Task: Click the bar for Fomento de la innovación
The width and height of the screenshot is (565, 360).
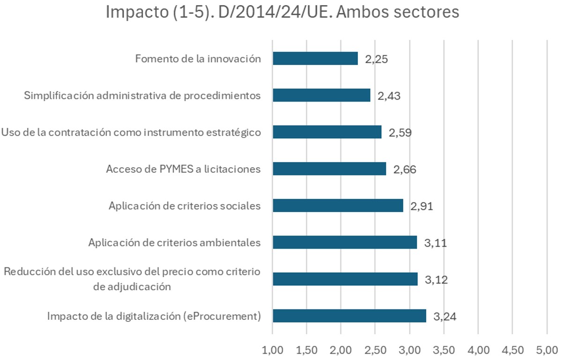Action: (x=315, y=59)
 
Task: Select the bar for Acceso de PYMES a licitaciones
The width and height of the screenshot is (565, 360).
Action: (x=329, y=169)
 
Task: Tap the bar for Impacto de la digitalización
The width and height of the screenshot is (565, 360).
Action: (x=349, y=316)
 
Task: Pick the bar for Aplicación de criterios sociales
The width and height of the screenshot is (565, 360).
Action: (x=338, y=206)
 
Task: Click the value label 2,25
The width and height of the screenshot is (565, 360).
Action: (x=377, y=59)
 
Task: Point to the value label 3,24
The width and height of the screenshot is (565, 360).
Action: (x=445, y=317)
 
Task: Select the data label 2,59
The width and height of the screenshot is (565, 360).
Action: (x=400, y=133)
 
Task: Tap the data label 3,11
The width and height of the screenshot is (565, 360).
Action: (x=436, y=243)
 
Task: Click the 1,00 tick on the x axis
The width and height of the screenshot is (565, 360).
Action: (x=273, y=350)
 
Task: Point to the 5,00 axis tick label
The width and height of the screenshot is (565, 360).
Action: (x=547, y=350)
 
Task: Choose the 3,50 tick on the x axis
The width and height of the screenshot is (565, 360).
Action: (x=444, y=350)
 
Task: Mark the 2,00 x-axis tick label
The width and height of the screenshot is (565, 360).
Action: (x=341, y=350)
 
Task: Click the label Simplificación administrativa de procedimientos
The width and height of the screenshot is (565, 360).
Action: (x=142, y=96)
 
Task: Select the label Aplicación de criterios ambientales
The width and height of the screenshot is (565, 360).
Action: (x=174, y=242)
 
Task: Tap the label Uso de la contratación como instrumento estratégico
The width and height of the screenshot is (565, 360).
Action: (x=131, y=132)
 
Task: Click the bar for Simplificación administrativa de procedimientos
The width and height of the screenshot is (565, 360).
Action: (x=321, y=96)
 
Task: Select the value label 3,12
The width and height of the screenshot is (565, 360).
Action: (x=436, y=280)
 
